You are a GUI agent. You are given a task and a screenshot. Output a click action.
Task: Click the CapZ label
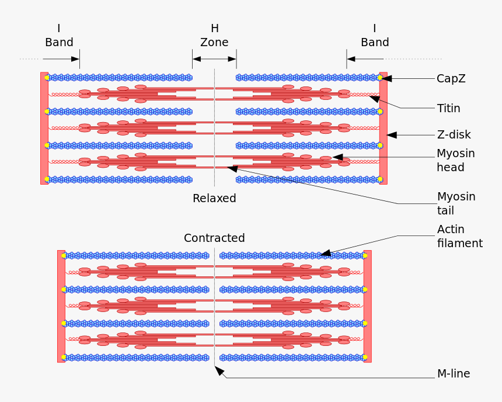tap(451, 78)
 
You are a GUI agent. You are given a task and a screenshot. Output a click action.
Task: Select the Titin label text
tap(448, 108)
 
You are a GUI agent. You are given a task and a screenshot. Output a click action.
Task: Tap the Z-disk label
tap(454, 135)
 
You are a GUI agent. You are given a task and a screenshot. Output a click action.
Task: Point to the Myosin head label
tap(455, 160)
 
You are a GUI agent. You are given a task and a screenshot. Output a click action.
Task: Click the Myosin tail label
tap(456, 203)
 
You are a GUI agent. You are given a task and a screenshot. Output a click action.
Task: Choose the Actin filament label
tap(459, 236)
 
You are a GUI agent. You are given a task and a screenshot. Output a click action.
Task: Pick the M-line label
tap(453, 373)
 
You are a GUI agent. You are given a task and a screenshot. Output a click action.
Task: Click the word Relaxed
tap(214, 199)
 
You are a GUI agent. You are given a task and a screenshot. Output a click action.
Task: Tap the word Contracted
tap(214, 238)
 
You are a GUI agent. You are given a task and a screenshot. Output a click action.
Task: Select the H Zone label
tap(214, 35)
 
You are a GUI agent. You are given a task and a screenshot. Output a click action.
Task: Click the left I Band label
tap(59, 35)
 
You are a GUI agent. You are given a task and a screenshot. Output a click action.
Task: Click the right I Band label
tap(375, 35)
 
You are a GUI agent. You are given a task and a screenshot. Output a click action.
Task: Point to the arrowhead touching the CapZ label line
tap(386, 78)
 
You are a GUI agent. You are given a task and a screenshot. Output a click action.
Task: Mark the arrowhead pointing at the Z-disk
tap(392, 135)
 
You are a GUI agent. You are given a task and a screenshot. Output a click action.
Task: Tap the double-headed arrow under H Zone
tap(214, 59)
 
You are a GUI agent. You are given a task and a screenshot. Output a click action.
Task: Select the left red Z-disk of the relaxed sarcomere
tap(44, 129)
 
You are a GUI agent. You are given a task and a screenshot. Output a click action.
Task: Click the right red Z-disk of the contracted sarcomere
tap(367, 306)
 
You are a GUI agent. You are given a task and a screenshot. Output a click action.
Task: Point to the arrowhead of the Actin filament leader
tap(326, 253)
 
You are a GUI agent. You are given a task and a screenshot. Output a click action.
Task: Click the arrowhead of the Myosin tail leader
tap(232, 168)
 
